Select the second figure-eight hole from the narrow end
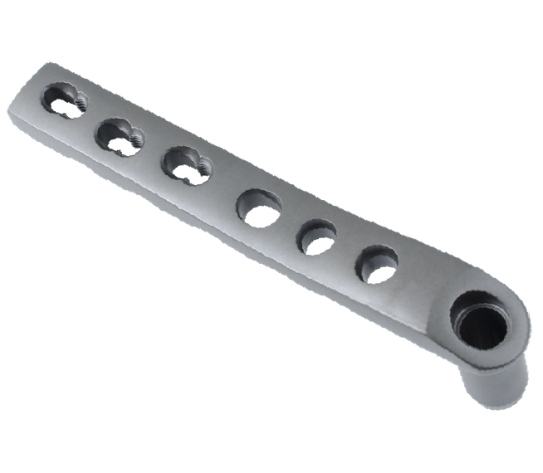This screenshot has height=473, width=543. [120, 136]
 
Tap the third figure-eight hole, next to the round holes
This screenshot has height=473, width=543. [186, 164]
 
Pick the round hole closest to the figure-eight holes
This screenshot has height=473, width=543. [259, 207]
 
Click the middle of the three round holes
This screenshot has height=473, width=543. [317, 236]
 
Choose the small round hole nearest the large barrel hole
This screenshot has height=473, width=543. [377, 264]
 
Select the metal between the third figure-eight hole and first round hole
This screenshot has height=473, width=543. [223, 186]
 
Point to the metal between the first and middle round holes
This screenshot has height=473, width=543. [288, 222]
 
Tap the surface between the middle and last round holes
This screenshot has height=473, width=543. [347, 250]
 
